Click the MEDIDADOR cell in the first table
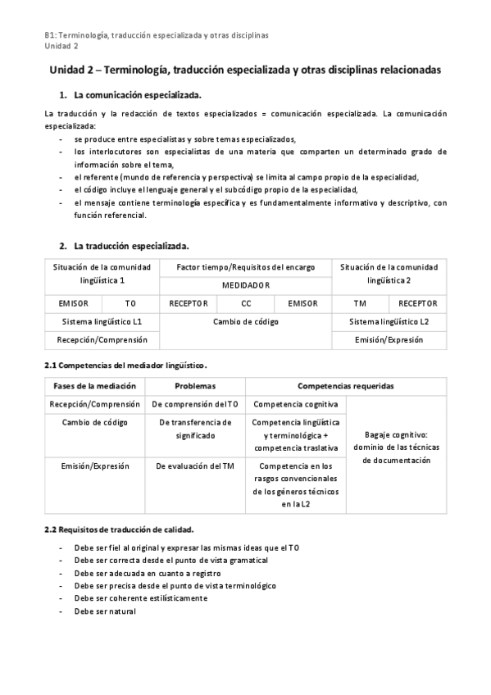pyautogui.click(x=245, y=284)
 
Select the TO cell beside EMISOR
pyautogui.click(x=130, y=303)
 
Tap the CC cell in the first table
pyautogui.click(x=246, y=303)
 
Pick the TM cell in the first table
pyautogui.click(x=359, y=303)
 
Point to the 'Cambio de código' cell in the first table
pyautogui.click(x=245, y=321)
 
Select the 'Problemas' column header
pyautogui.click(x=195, y=386)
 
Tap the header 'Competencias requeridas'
pyautogui.click(x=345, y=386)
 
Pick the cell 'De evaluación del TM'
pyautogui.click(x=195, y=466)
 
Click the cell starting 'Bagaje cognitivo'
pyautogui.click(x=397, y=447)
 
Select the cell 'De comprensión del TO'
pyautogui.click(x=195, y=404)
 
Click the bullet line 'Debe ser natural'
pyautogui.click(x=104, y=611)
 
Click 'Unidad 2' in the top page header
pyautogui.click(x=61, y=46)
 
